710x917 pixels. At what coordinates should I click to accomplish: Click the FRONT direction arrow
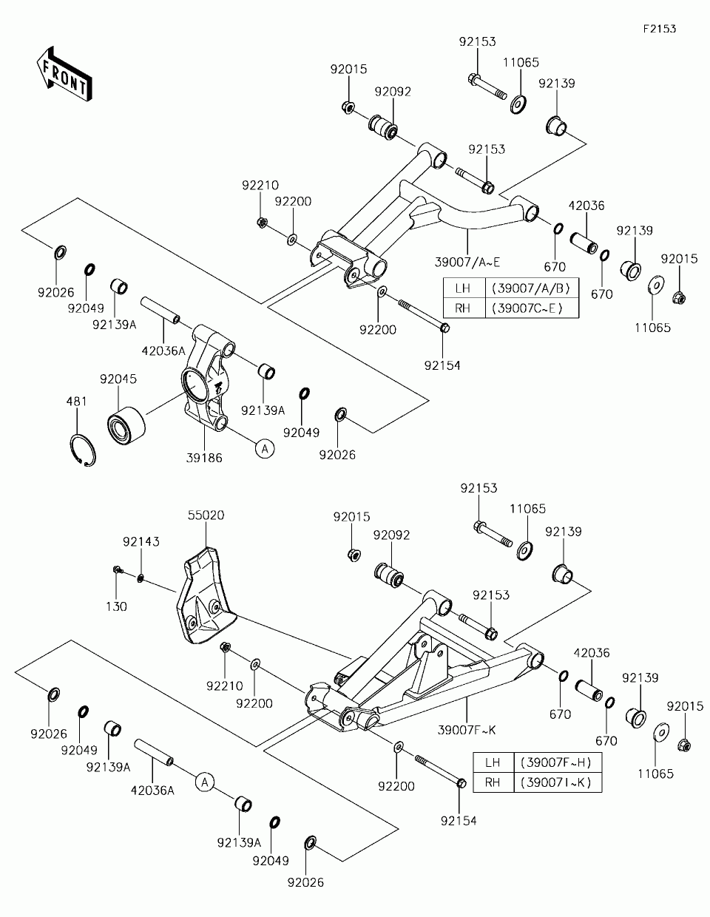coord(64,75)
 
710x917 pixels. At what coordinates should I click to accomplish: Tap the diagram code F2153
coord(660,29)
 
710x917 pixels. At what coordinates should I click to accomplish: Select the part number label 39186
coord(204,458)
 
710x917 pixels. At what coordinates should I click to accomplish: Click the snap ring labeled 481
coord(83,450)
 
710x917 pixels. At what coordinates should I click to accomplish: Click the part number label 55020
coord(206,515)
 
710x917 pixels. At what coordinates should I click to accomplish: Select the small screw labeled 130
coord(118,570)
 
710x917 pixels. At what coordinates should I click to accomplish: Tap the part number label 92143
coord(141,541)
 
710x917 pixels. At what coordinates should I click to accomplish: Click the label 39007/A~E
coord(467,263)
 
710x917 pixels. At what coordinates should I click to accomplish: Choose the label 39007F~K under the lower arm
coord(467,730)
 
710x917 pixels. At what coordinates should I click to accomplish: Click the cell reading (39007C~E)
coord(532,308)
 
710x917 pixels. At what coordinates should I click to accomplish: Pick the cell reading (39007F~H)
coord(558,762)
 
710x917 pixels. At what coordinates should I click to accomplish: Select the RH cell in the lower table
coord(493,782)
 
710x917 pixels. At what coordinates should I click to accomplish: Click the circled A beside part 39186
coord(265,448)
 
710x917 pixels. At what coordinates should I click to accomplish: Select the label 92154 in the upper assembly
coord(442,365)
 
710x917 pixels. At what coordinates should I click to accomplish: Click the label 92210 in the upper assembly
coord(260,186)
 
